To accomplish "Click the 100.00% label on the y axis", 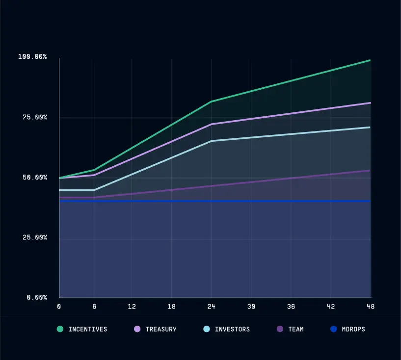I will [x=32, y=57].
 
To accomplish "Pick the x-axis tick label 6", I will [x=94, y=307].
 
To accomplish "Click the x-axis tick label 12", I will [x=132, y=307].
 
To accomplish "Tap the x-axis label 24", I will [x=211, y=307].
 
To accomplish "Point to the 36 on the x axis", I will [x=291, y=307].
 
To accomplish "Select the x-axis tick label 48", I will [x=370, y=307].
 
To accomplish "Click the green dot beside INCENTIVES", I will [x=60, y=329].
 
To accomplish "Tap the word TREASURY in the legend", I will [x=161, y=329].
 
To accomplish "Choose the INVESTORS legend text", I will [x=232, y=329].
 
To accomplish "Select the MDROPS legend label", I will [x=353, y=329].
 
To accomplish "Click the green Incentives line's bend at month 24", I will [x=211, y=102].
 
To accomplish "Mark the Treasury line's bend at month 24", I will [x=211, y=124].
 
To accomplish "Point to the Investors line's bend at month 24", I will [x=211, y=141].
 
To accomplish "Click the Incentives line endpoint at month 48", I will [x=370, y=60].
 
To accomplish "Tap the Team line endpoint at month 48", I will [x=370, y=170].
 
